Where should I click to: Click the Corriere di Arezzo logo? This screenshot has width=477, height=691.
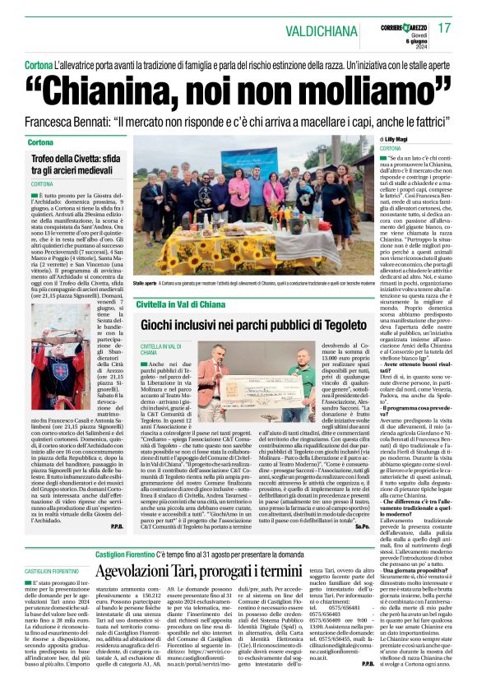point(401,24)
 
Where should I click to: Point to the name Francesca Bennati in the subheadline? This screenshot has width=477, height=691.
point(74,120)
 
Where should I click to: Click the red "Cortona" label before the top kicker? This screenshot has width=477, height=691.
point(39,64)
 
